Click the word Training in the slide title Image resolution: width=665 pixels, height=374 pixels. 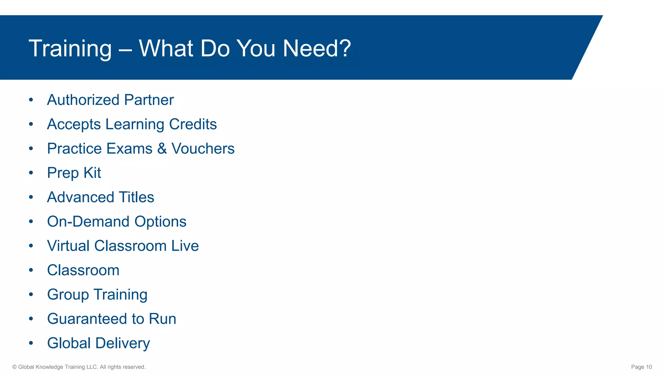(x=70, y=49)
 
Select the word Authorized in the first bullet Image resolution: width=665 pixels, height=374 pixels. (x=83, y=100)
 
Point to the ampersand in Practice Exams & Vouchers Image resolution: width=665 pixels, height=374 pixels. (x=162, y=149)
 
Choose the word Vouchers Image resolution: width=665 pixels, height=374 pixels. (x=203, y=149)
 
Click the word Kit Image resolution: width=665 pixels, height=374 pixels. (x=92, y=173)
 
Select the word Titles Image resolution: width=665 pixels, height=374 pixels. (x=136, y=197)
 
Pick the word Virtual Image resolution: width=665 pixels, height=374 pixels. (x=68, y=246)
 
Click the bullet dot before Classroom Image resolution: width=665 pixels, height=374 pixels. (x=31, y=270)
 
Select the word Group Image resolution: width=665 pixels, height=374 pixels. (x=68, y=295)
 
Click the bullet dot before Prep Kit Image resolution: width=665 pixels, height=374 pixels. (x=31, y=173)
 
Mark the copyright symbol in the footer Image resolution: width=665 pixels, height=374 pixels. (x=15, y=367)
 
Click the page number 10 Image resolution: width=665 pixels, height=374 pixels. (x=649, y=367)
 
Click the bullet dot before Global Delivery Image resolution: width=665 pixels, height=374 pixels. (x=31, y=343)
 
